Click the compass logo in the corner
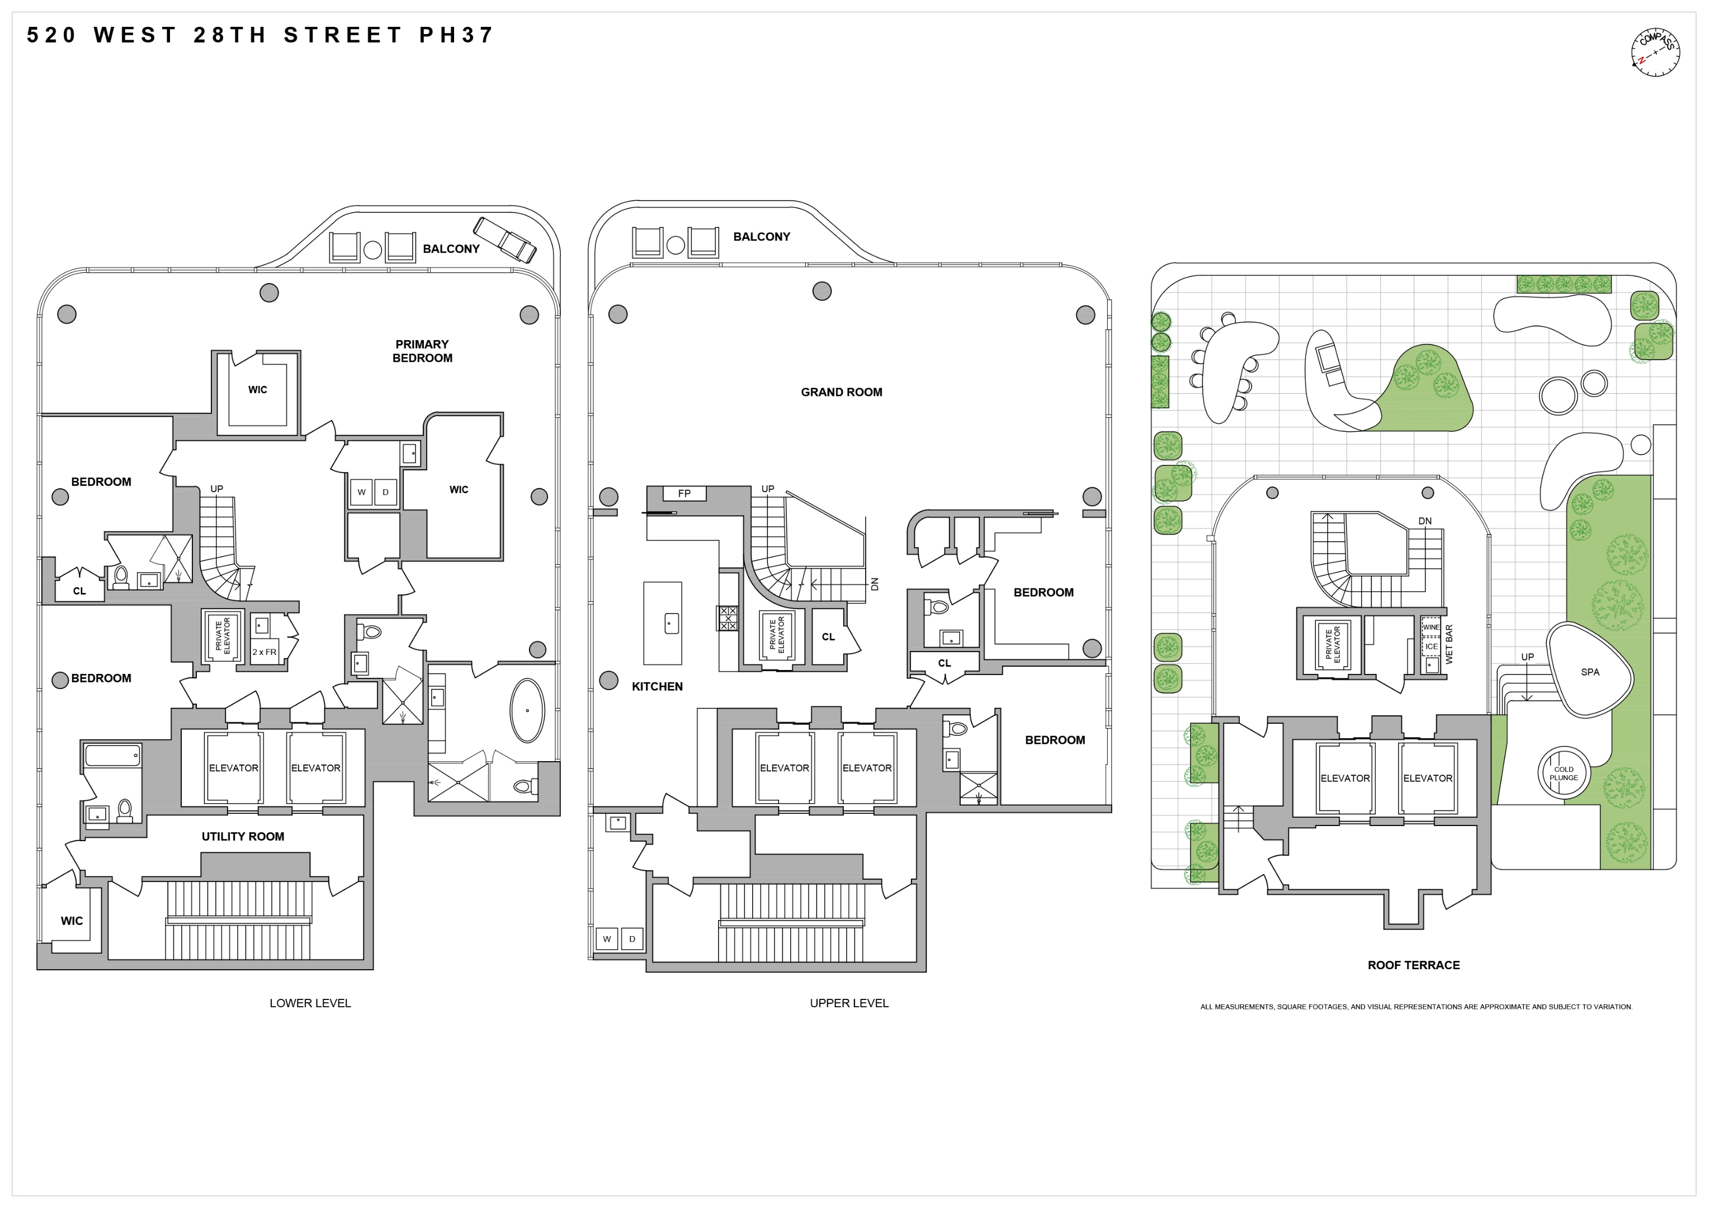tap(1655, 52)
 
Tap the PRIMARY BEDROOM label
tap(422, 351)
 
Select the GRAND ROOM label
tap(841, 392)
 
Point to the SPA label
tap(1590, 672)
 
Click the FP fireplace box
tap(684, 493)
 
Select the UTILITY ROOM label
tap(243, 837)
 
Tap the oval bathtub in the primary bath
tap(527, 710)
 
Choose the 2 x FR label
tap(265, 652)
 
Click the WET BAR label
tap(1448, 645)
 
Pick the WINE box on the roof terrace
tap(1431, 627)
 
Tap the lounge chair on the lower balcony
tap(506, 240)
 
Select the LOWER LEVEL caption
tap(310, 1003)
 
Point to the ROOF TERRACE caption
tap(1413, 965)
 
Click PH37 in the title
tap(456, 35)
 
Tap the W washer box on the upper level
tap(607, 940)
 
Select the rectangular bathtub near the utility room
tap(112, 756)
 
